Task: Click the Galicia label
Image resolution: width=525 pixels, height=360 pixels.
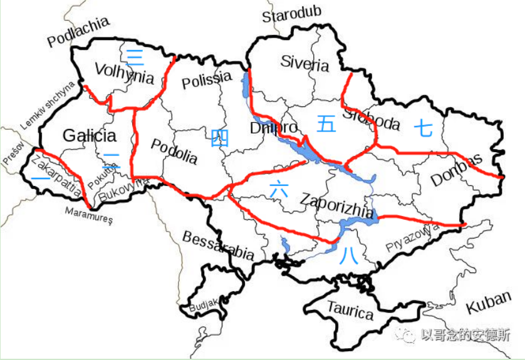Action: coord(90,135)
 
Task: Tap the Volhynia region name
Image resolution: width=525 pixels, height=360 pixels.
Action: coord(124,73)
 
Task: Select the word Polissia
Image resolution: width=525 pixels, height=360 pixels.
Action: coord(206,80)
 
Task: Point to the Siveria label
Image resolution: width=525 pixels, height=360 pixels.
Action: coord(304,63)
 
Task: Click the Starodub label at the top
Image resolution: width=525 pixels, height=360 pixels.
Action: coord(291,16)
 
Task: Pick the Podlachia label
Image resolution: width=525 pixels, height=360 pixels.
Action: coord(78,31)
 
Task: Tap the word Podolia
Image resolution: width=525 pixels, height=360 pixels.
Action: coord(175,152)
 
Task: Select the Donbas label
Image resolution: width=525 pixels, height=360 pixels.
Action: coord(457,170)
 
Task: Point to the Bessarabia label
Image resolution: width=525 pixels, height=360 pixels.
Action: coord(218,246)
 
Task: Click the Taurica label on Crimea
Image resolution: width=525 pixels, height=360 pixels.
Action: coord(350,311)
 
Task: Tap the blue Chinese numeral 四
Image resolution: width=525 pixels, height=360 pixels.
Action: coord(219,136)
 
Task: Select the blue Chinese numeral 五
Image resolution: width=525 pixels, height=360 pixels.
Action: coord(326,123)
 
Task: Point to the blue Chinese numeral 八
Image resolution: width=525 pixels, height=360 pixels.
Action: coord(350,257)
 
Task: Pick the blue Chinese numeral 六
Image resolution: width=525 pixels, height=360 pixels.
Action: coord(278,188)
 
